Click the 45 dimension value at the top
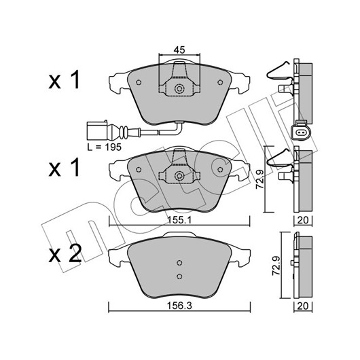[x=179, y=50]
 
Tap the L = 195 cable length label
[x=104, y=147]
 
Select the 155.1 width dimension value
[x=179, y=220]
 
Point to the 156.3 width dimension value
[x=179, y=306]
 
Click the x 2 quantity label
[x=65, y=254]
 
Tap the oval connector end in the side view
[x=300, y=132]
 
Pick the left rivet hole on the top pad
[x=139, y=82]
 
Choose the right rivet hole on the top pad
[x=220, y=82]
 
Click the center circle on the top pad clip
[x=179, y=89]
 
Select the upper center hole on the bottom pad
[x=179, y=263]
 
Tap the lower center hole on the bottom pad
[x=179, y=276]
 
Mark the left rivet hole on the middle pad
[x=139, y=169]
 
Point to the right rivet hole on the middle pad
[x=220, y=169]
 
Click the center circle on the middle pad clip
[x=179, y=176]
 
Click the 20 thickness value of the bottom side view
[x=303, y=306]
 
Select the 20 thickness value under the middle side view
[x=303, y=220]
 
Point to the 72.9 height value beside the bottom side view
[x=276, y=266]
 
